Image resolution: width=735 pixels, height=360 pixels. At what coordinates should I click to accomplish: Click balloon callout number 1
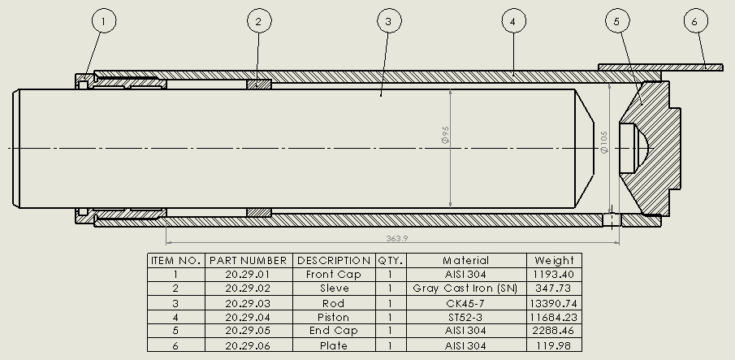click(104, 21)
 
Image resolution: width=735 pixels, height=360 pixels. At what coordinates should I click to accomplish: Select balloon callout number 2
click(258, 21)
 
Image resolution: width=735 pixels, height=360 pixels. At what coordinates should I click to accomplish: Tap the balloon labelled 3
click(389, 21)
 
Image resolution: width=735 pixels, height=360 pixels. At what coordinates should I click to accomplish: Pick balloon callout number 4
click(512, 21)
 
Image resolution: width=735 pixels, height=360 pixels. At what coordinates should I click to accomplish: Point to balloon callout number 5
click(616, 21)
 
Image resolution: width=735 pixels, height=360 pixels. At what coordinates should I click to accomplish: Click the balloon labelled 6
click(695, 21)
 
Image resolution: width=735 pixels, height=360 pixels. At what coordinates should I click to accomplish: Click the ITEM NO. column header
click(175, 261)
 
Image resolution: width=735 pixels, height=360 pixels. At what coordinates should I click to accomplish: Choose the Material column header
click(465, 261)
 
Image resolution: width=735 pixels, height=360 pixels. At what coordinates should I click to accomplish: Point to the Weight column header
click(554, 261)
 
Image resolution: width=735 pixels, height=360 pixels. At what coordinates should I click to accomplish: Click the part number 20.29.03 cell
click(248, 303)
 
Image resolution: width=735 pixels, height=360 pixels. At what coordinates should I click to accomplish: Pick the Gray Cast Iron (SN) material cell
click(465, 288)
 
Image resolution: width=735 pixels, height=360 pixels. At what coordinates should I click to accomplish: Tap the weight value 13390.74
click(554, 303)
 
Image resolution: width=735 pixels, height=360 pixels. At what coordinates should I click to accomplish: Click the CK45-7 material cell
click(465, 303)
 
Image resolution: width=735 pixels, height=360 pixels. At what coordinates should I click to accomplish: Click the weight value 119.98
click(554, 346)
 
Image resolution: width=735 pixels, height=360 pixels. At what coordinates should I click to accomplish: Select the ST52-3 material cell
click(465, 317)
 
